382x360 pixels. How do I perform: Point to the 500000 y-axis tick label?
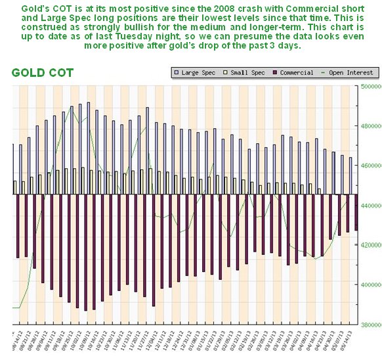(369, 87)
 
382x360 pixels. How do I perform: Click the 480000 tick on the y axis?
(369, 126)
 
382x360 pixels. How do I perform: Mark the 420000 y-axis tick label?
(369, 245)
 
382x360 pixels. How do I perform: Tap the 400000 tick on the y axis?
(369, 284)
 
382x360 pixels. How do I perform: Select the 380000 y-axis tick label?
(369, 324)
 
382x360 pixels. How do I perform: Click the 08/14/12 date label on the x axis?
(14, 342)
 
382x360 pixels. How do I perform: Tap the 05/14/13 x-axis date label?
(350, 342)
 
